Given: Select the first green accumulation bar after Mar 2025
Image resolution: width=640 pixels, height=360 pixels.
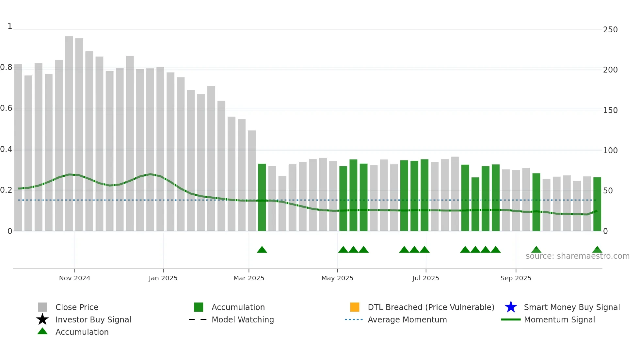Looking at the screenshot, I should [262, 197].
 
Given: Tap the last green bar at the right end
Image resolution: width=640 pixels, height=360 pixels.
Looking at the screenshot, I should [597, 204].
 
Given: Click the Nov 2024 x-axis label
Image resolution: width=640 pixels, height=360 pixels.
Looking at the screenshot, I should [74, 278].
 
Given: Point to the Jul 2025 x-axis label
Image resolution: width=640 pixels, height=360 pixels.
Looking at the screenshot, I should [425, 278].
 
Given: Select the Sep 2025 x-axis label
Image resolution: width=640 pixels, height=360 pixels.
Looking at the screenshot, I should [516, 278].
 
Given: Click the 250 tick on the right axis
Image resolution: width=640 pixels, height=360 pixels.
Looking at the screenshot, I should [610, 30].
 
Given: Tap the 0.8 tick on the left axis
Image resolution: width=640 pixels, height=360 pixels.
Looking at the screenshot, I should [7, 67].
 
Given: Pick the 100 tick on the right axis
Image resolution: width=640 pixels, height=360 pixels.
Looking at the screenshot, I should [610, 151].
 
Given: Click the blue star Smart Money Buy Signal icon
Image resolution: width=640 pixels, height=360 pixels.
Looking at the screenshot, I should [511, 307].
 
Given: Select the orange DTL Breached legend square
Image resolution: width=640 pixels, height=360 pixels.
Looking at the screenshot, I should [355, 307].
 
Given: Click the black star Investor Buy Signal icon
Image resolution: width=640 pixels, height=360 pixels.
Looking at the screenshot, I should [42, 319].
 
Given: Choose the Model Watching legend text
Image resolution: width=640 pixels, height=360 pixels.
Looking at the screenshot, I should [243, 319].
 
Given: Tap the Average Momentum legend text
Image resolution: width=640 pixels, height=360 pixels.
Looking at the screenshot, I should [407, 319].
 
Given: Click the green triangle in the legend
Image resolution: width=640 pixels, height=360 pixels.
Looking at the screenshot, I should [42, 331].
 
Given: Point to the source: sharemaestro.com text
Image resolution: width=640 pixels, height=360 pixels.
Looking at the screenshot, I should [577, 256].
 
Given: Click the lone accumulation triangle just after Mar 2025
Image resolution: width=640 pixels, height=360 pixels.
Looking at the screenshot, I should [262, 250].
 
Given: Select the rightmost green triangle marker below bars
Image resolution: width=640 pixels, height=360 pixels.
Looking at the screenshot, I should [597, 250].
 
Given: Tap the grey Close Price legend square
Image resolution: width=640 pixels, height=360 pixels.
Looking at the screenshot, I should [42, 307].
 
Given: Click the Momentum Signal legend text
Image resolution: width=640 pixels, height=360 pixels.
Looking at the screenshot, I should [559, 319].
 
